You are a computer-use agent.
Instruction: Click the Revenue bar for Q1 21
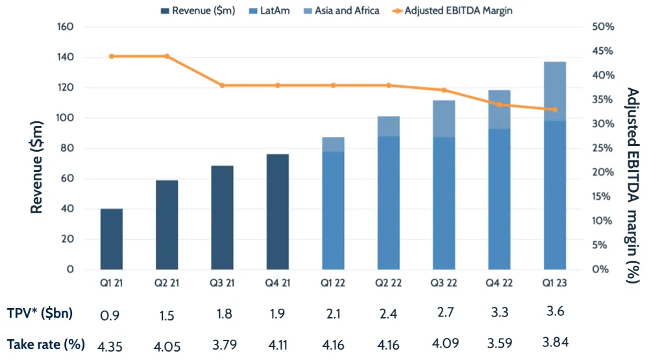(x=112, y=239)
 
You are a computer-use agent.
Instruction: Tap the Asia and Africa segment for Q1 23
(x=555, y=91)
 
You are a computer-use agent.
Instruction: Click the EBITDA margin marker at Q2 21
(x=167, y=56)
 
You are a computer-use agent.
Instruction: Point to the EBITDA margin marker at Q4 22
(x=499, y=104)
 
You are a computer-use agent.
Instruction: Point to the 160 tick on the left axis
(x=67, y=27)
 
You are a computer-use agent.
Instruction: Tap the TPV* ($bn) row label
(x=40, y=314)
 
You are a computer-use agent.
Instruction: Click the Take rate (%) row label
(x=45, y=344)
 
